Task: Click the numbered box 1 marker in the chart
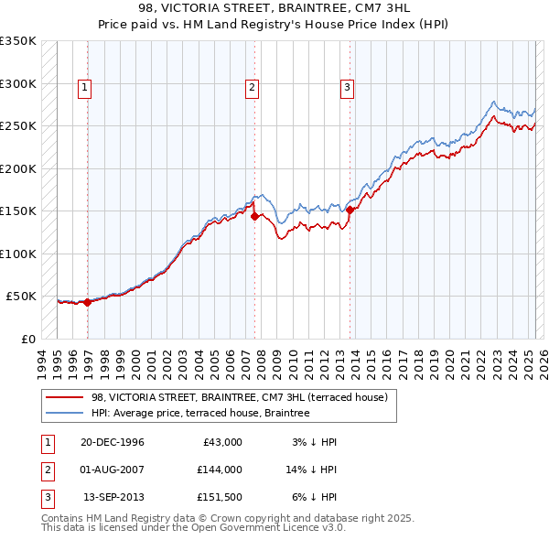[x=84, y=88]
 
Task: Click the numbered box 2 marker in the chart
[x=252, y=88]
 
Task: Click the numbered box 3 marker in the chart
[x=348, y=88]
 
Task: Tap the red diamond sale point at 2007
[x=254, y=217]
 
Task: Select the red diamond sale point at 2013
[x=350, y=210]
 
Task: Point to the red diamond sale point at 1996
[x=88, y=302]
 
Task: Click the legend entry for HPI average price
[x=200, y=413]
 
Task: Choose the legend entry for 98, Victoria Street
[x=240, y=397]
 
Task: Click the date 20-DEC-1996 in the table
[x=113, y=442]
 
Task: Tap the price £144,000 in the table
[x=220, y=471]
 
